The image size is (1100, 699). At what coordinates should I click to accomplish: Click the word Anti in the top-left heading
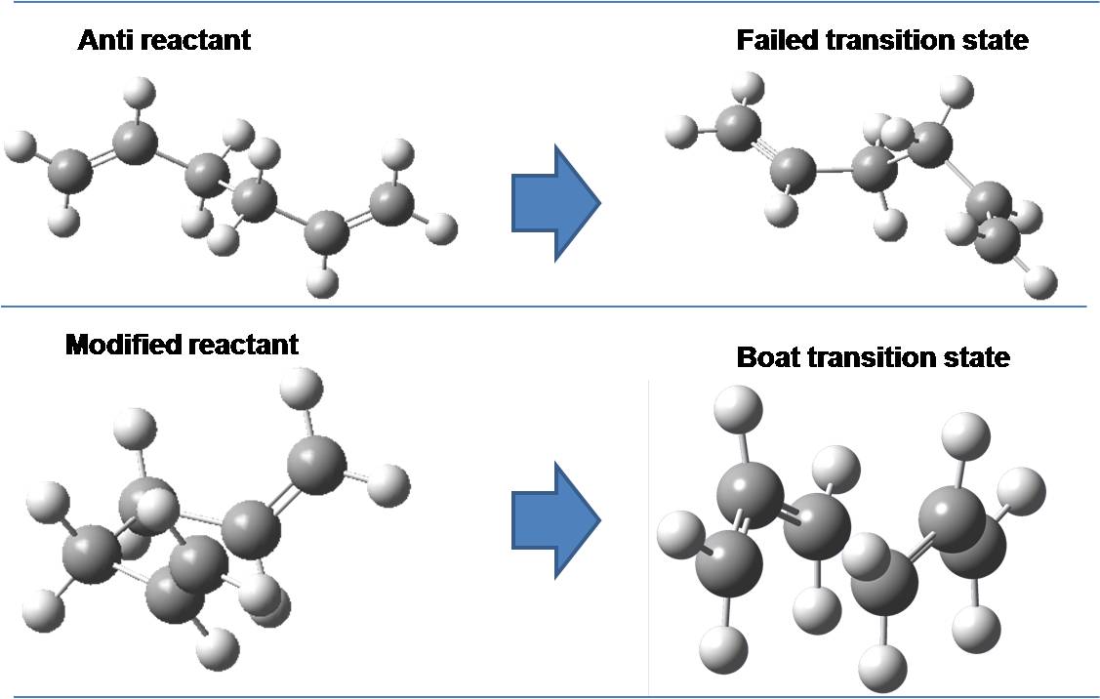tap(107, 40)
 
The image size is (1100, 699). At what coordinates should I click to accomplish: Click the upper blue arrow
tap(554, 203)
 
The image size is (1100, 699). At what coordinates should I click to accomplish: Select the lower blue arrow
tap(554, 517)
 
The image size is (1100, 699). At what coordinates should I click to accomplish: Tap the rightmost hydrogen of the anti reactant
tap(442, 229)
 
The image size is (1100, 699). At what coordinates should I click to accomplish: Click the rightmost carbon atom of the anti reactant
tap(392, 203)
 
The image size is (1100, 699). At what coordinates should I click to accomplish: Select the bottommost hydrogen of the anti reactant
tap(321, 284)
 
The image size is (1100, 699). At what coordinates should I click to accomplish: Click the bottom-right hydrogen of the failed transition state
tap(1041, 284)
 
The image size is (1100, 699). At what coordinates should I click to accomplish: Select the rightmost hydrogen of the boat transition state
tap(1021, 487)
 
